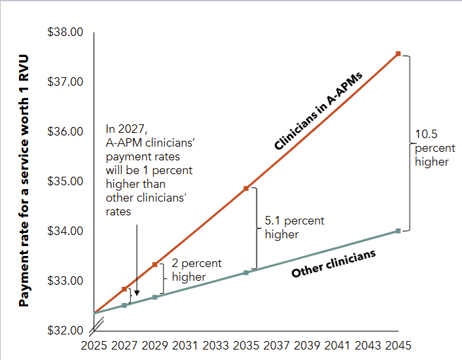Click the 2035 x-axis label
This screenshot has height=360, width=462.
point(245,346)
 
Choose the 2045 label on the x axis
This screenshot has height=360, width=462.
point(397,346)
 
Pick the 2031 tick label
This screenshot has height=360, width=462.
point(185,346)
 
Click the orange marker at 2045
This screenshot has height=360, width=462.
point(397,54)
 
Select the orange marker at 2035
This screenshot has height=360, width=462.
point(245,188)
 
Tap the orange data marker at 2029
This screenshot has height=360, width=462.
point(154,264)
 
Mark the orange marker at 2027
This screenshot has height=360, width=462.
point(124,289)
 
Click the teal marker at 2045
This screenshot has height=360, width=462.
point(397,230)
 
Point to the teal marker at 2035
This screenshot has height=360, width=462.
point(245,272)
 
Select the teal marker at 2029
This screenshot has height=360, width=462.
point(154,297)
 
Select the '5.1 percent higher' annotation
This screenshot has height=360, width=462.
point(293,227)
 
